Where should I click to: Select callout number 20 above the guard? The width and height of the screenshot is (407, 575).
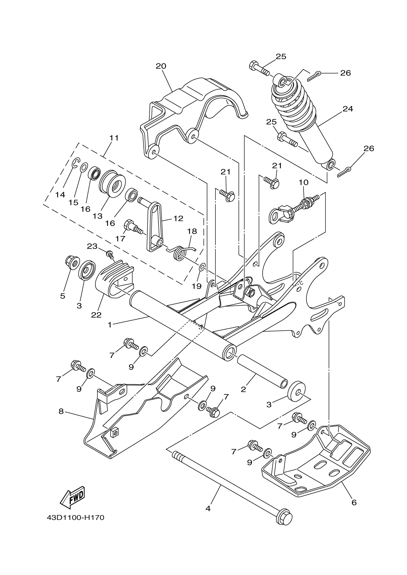point(161,66)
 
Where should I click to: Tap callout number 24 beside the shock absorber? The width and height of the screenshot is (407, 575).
point(348,109)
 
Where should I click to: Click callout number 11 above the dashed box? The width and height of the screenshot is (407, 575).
point(114,138)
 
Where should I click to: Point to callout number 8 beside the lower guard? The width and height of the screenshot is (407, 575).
point(61,411)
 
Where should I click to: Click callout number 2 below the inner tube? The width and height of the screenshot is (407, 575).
point(243,389)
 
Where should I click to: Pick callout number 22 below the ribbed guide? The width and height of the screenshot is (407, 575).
point(96,315)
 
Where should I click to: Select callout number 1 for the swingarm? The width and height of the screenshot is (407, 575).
point(110,325)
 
